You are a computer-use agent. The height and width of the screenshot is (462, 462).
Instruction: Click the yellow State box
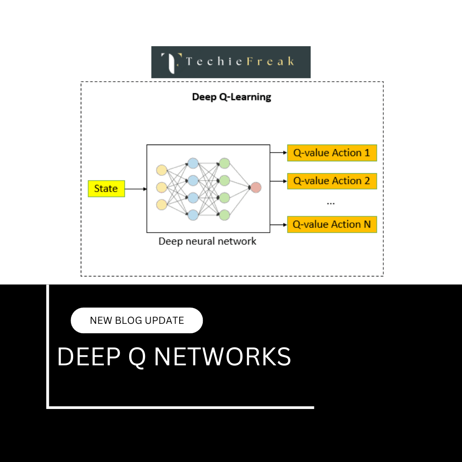click(106, 189)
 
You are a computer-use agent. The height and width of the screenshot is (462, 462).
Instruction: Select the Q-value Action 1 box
click(332, 153)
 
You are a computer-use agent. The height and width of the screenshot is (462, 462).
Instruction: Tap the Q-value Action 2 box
click(332, 181)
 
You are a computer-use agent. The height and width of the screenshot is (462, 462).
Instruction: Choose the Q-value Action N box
click(332, 224)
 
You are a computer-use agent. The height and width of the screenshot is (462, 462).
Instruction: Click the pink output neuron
click(255, 187)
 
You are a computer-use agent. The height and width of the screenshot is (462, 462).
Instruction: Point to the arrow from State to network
click(136, 189)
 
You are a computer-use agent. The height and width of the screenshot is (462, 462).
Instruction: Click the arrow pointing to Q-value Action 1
click(278, 152)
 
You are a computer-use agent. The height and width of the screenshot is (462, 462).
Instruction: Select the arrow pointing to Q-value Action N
click(278, 224)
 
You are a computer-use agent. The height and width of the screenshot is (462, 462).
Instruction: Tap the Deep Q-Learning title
click(231, 97)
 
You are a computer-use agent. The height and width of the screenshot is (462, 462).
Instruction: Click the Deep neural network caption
click(207, 241)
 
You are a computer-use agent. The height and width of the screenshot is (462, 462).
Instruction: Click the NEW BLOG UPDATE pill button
click(136, 320)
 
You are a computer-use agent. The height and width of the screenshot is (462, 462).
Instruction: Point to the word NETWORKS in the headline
click(222, 356)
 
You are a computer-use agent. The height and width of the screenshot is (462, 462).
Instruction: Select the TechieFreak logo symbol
click(171, 62)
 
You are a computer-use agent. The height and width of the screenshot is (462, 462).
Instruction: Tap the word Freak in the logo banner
click(271, 62)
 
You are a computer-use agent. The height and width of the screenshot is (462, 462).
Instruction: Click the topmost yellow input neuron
click(161, 170)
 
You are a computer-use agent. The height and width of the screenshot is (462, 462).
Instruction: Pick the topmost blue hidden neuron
click(193, 163)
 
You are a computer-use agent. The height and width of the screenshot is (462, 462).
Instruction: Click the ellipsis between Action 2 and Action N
click(331, 203)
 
